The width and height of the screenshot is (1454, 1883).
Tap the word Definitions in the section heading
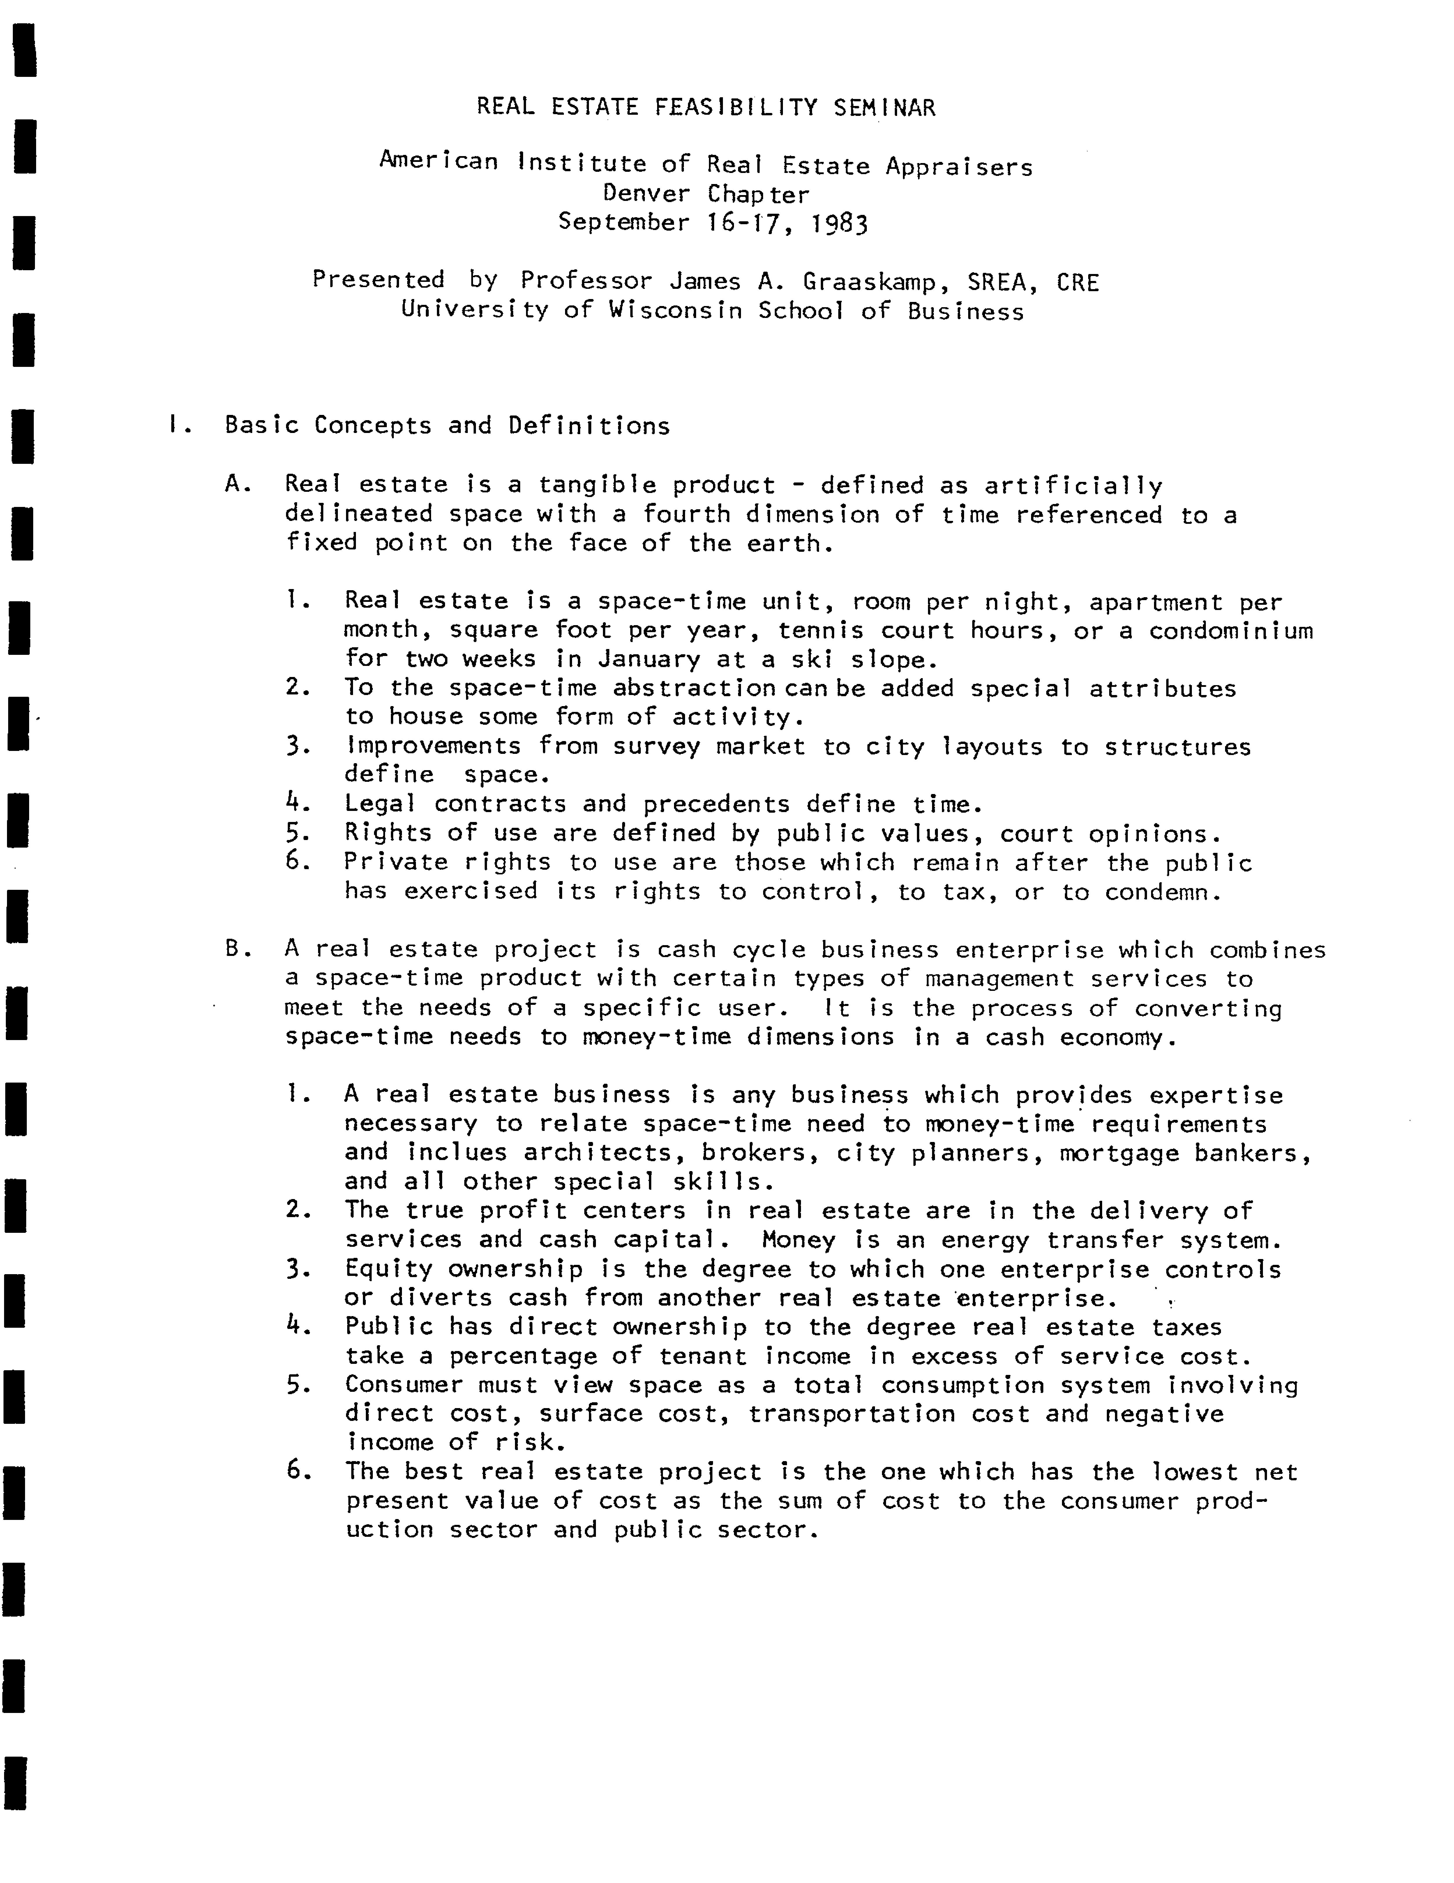[x=589, y=425]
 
